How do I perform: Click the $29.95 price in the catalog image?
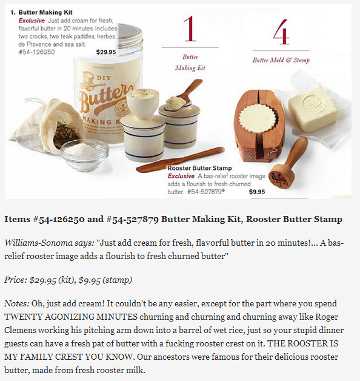(x=106, y=52)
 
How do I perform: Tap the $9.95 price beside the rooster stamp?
(x=257, y=192)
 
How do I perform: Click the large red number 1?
(x=190, y=29)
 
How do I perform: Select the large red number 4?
(x=281, y=32)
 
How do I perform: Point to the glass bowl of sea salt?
(x=84, y=154)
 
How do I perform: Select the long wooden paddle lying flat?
(x=180, y=160)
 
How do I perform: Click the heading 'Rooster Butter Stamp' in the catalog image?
(x=199, y=168)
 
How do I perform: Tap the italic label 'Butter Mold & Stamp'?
(x=281, y=60)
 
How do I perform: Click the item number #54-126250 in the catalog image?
(x=36, y=52)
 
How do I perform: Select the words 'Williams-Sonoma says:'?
(x=49, y=243)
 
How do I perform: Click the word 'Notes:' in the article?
(x=17, y=303)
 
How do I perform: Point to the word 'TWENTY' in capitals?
(x=23, y=317)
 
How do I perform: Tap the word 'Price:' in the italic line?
(x=16, y=280)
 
